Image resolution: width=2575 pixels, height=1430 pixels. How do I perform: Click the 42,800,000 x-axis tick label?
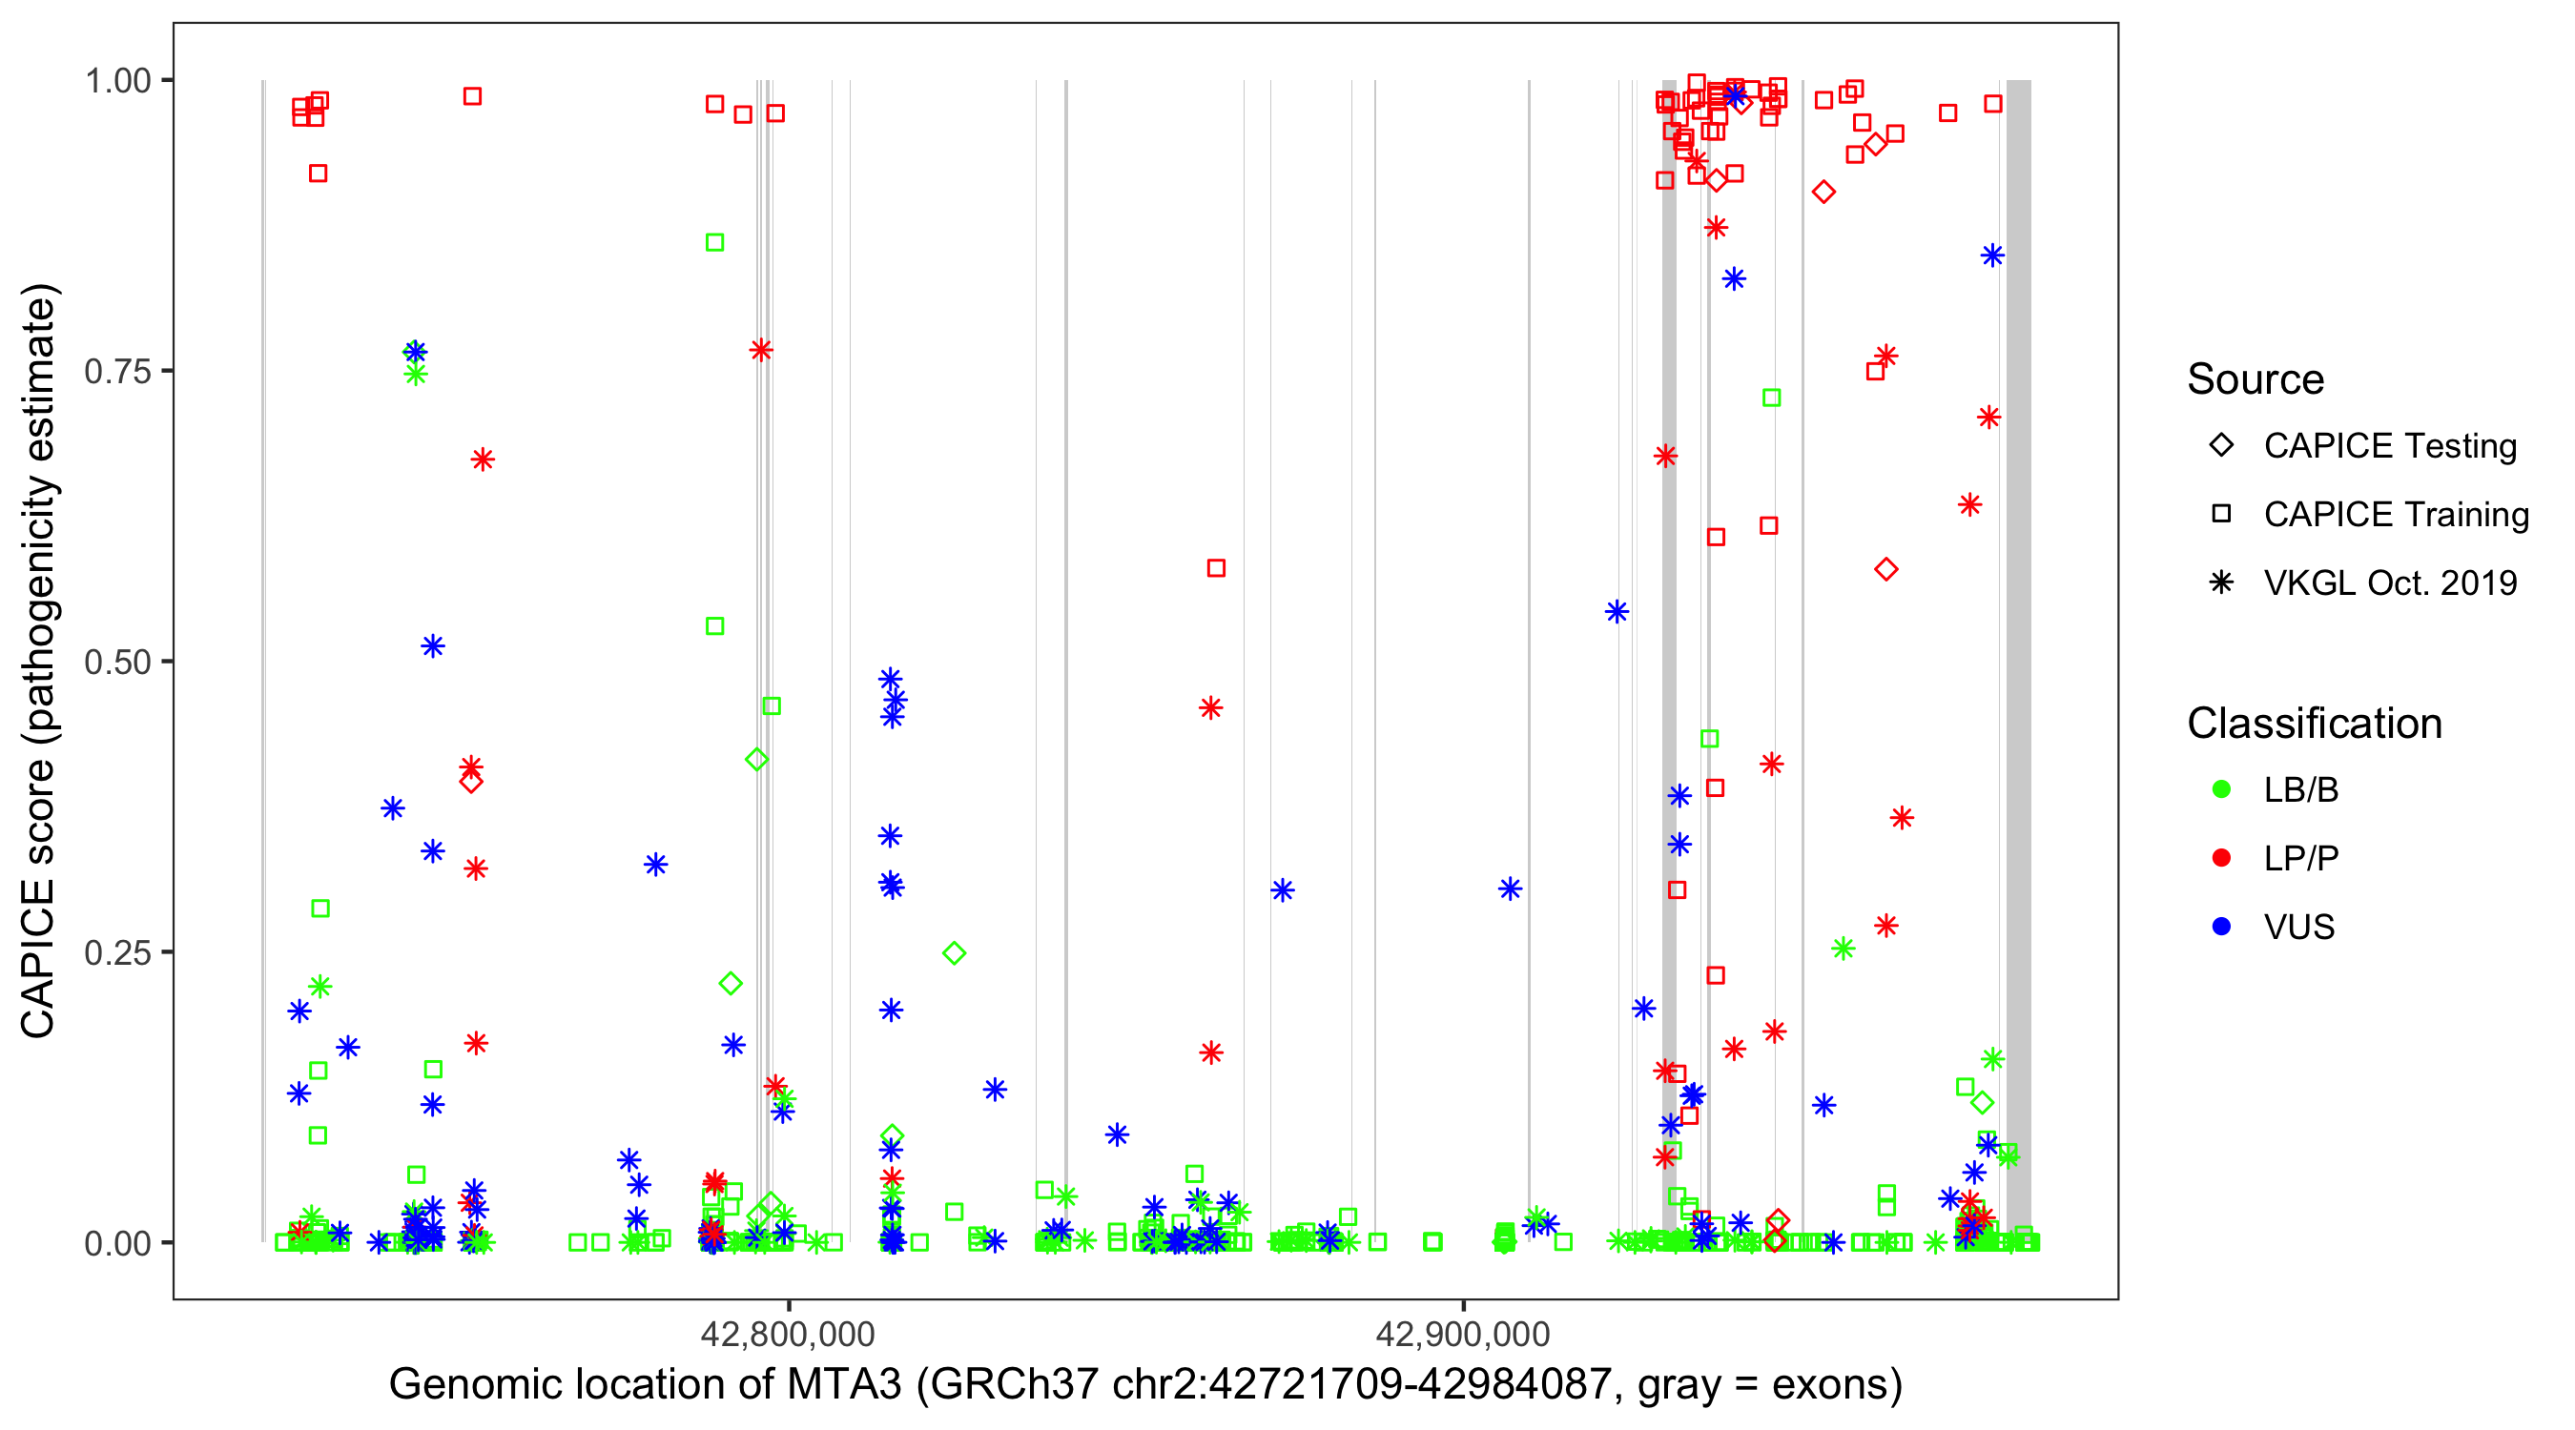tap(788, 1334)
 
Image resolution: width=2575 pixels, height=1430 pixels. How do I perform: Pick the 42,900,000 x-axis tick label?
tap(1463, 1334)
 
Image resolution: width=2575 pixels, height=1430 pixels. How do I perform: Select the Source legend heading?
tap(2256, 379)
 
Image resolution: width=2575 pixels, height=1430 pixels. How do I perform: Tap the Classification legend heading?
tap(2314, 724)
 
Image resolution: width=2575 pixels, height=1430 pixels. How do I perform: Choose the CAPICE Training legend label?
tap(2396, 515)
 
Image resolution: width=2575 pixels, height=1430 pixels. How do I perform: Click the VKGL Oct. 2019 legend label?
tap(2390, 582)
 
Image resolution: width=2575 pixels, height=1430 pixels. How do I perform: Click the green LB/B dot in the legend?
tap(2221, 789)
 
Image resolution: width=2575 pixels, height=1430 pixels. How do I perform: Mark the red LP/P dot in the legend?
tap(2221, 858)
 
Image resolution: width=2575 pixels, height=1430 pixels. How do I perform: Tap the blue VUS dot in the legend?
tap(2221, 927)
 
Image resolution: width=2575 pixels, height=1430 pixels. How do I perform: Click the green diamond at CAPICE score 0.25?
tap(955, 953)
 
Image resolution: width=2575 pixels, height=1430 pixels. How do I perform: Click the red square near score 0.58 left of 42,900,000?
tap(1216, 568)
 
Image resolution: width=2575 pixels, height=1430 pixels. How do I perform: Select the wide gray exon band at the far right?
tap(2018, 660)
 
